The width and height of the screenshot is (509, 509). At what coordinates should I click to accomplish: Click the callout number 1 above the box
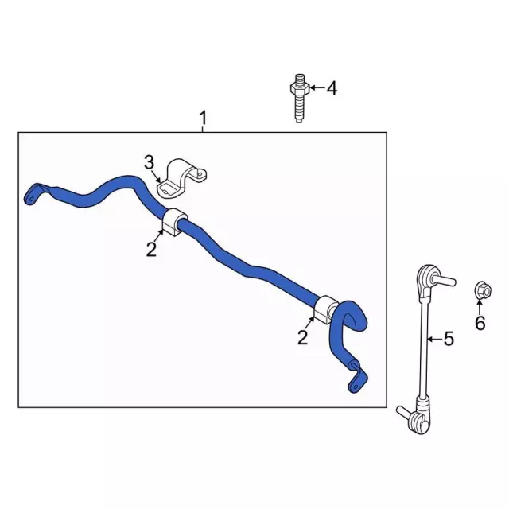203,119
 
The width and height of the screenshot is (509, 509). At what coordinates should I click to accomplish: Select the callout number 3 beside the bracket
149,162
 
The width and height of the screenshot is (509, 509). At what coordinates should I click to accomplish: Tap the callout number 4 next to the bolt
332,88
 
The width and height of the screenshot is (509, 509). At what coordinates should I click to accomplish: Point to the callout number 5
449,339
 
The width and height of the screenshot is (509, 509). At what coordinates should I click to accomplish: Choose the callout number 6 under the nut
480,323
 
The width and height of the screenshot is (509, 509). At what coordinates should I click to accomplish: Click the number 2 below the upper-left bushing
151,249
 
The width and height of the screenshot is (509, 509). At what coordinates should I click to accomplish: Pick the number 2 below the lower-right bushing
302,337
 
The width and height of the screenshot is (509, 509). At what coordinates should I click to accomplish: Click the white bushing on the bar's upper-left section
174,222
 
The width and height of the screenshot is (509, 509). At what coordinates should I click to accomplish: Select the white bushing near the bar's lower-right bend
326,309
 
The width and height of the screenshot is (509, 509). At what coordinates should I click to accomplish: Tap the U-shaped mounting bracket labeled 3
181,178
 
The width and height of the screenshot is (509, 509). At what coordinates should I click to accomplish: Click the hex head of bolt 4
299,88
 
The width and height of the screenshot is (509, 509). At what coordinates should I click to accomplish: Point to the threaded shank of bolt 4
299,108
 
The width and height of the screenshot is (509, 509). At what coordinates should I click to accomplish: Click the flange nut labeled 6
483,290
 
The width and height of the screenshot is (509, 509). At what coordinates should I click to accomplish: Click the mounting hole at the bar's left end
31,199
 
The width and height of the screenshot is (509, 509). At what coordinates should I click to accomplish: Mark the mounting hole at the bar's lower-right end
356,387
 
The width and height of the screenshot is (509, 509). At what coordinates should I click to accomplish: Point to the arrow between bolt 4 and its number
317,87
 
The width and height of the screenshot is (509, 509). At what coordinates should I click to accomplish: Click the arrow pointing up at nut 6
480,308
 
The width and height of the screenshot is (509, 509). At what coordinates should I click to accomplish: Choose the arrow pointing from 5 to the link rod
434,340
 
